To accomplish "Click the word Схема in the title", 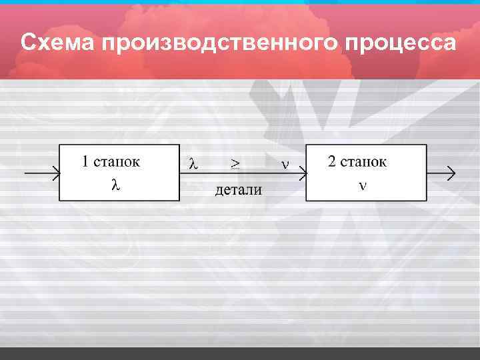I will [x=58, y=43].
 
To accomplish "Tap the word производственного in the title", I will [x=221, y=43].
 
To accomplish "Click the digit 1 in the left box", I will [x=85, y=161].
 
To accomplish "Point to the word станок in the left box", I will [x=117, y=161].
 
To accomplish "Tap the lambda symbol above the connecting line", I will [x=193, y=163].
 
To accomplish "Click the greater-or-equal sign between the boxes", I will [x=235, y=163].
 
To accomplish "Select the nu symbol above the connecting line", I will [x=285, y=163].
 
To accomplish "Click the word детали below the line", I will [x=238, y=191].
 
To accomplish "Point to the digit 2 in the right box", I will [x=332, y=161].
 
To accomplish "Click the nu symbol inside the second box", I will [x=362, y=185].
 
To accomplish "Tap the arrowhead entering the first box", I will [x=55, y=174].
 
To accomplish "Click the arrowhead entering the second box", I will [x=302, y=174].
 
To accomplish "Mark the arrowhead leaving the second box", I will [x=451, y=174].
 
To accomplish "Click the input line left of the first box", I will [x=37, y=174].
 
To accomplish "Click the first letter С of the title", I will [x=28, y=43].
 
